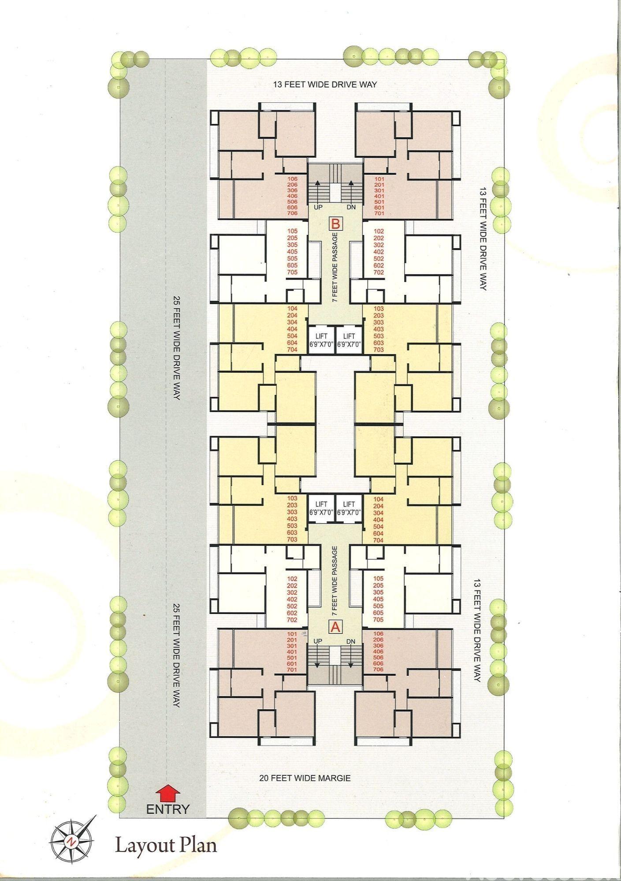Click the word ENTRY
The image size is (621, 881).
(x=167, y=809)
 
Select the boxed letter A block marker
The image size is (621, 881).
(x=335, y=626)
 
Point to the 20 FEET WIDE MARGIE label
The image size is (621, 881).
(x=305, y=778)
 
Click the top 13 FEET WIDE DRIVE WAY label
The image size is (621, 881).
(x=325, y=84)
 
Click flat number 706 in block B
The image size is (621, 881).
(x=292, y=213)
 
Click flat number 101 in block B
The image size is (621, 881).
(x=379, y=179)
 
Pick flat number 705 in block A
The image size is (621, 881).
(x=378, y=620)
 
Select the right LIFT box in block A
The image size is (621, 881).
(x=349, y=508)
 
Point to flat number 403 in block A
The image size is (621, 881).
(x=292, y=519)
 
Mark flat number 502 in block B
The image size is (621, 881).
(x=379, y=259)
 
